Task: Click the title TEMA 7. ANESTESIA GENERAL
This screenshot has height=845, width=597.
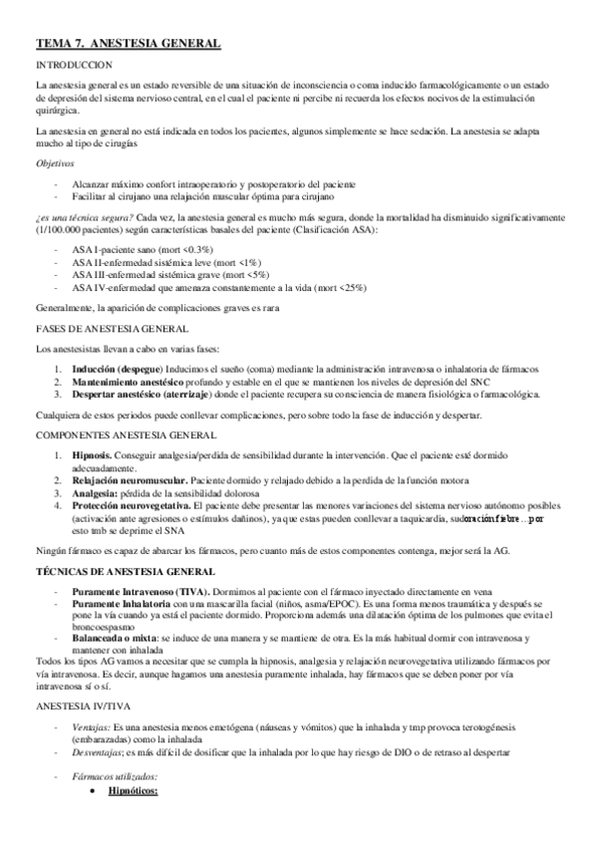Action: click(129, 45)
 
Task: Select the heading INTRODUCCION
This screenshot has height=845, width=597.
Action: click(73, 66)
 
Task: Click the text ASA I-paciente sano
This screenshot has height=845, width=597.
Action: click(113, 247)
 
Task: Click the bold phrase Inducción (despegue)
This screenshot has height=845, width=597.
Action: click(119, 369)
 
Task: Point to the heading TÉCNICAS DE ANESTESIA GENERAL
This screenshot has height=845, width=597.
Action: click(124, 571)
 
